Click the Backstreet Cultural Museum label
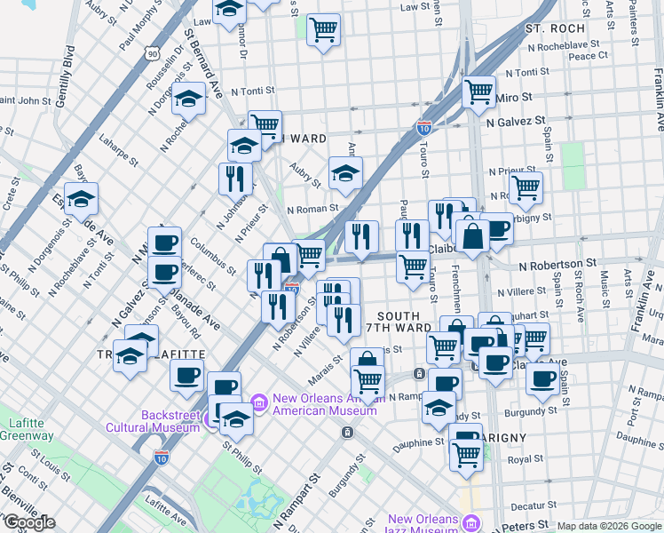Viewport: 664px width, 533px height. pyautogui.click(x=170, y=420)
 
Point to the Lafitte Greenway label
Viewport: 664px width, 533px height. pyautogui.click(x=25, y=429)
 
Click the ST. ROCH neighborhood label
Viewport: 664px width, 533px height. pyautogui.click(x=556, y=28)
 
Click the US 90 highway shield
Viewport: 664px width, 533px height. pyautogui.click(x=154, y=54)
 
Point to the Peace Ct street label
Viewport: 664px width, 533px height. pyautogui.click(x=589, y=55)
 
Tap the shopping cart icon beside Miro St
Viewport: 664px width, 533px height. pyautogui.click(x=479, y=90)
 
